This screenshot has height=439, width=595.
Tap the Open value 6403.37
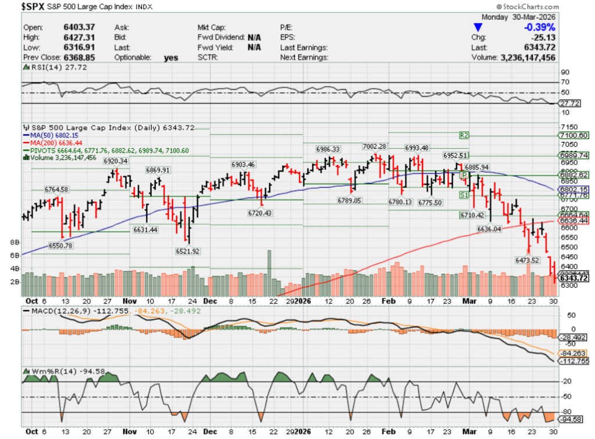pos(80,27)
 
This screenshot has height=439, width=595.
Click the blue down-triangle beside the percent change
pos(478,27)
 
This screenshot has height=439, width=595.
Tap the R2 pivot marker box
pos(464,134)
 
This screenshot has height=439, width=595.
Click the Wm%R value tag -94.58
pos(572,419)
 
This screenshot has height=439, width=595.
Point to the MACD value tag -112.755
pos(574,361)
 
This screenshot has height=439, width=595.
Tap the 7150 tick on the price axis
pos(568,127)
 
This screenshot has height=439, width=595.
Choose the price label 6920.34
pos(116,160)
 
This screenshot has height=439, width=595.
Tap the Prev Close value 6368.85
pos(80,58)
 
